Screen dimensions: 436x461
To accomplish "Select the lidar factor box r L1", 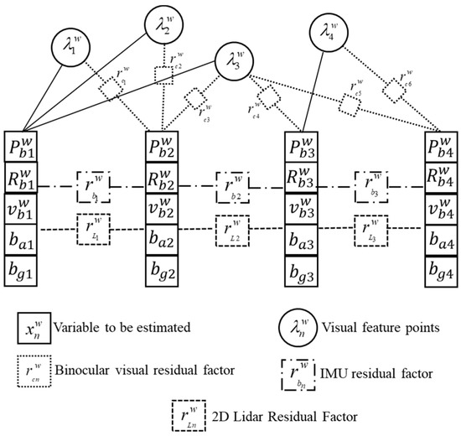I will point(96,227).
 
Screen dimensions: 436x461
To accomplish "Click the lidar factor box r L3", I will point(372,227).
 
